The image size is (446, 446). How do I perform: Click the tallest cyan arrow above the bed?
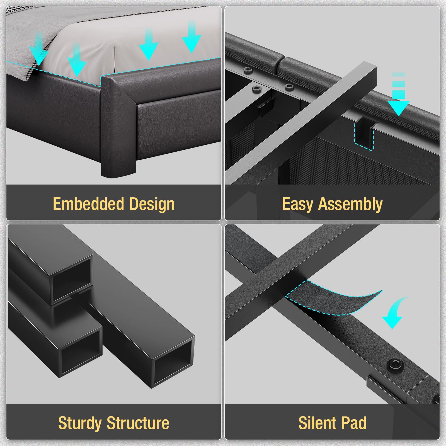(192, 37)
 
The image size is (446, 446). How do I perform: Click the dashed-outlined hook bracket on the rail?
(364, 133)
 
